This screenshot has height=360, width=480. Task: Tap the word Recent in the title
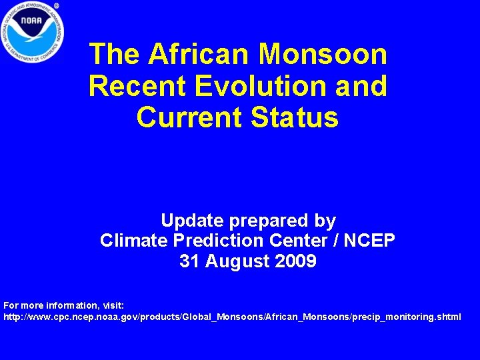coord(129,86)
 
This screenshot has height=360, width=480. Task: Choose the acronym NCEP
coord(370,241)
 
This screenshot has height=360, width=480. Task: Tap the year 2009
coord(296,261)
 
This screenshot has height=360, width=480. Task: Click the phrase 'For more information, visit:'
coord(63,306)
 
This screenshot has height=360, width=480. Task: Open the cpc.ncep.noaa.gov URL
coord(232,317)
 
